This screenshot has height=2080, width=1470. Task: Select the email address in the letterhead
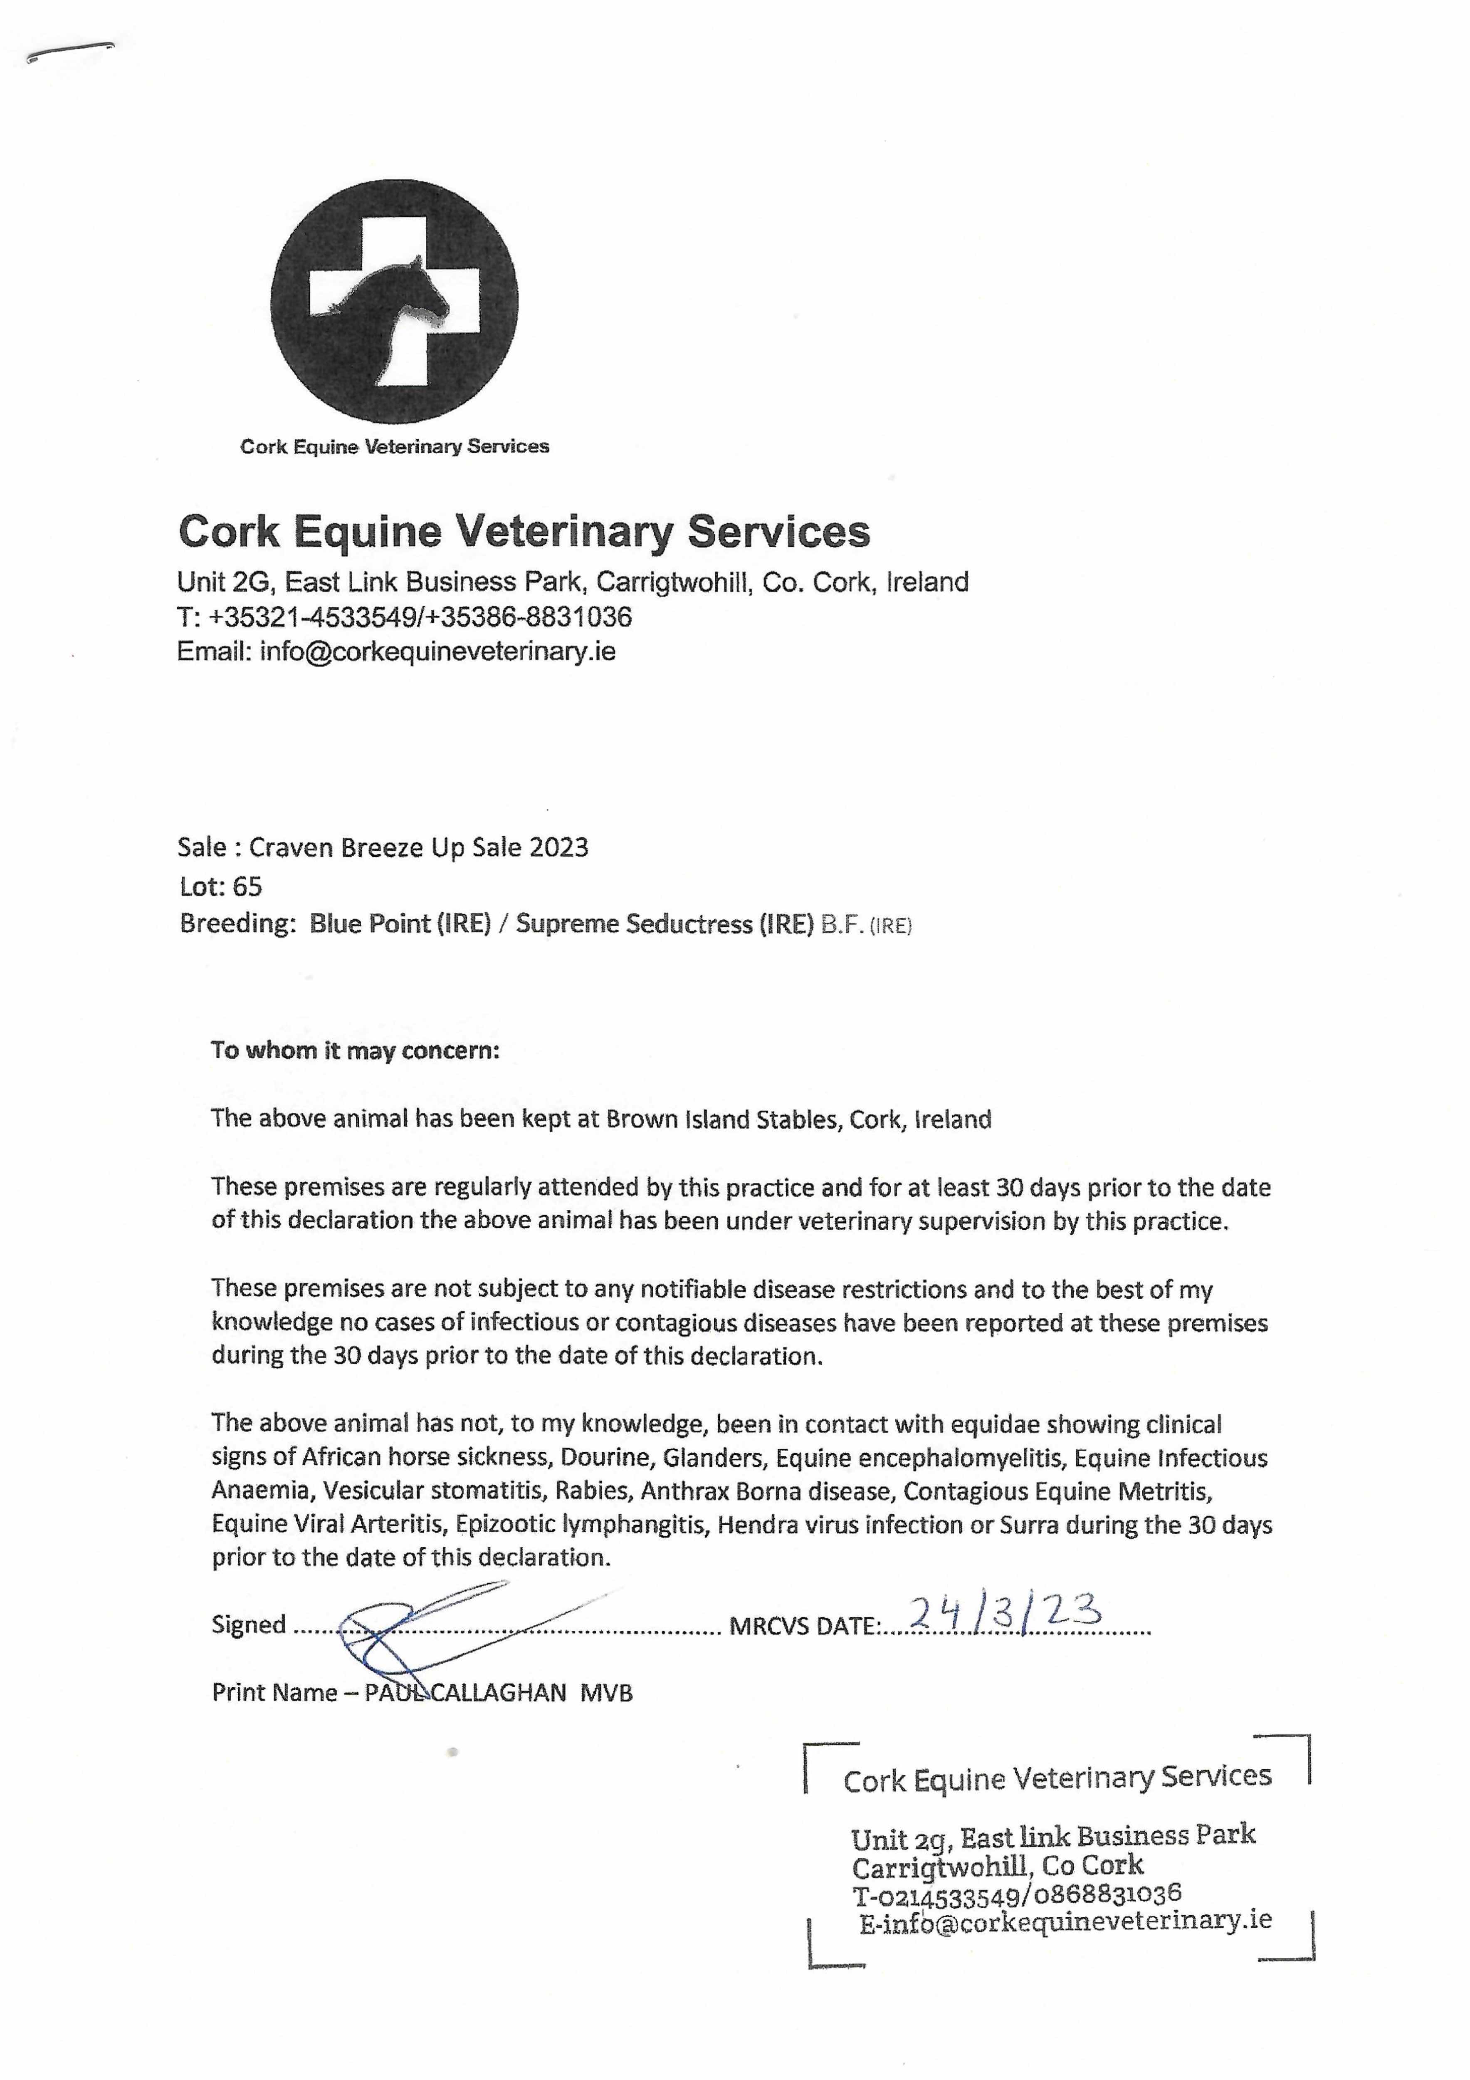tap(437, 651)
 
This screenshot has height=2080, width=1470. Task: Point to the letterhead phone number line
tap(404, 617)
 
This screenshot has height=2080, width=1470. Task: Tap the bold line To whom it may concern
tap(355, 1051)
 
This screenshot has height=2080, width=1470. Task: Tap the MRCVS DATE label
tap(803, 1627)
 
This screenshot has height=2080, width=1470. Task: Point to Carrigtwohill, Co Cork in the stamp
tap(997, 1866)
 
